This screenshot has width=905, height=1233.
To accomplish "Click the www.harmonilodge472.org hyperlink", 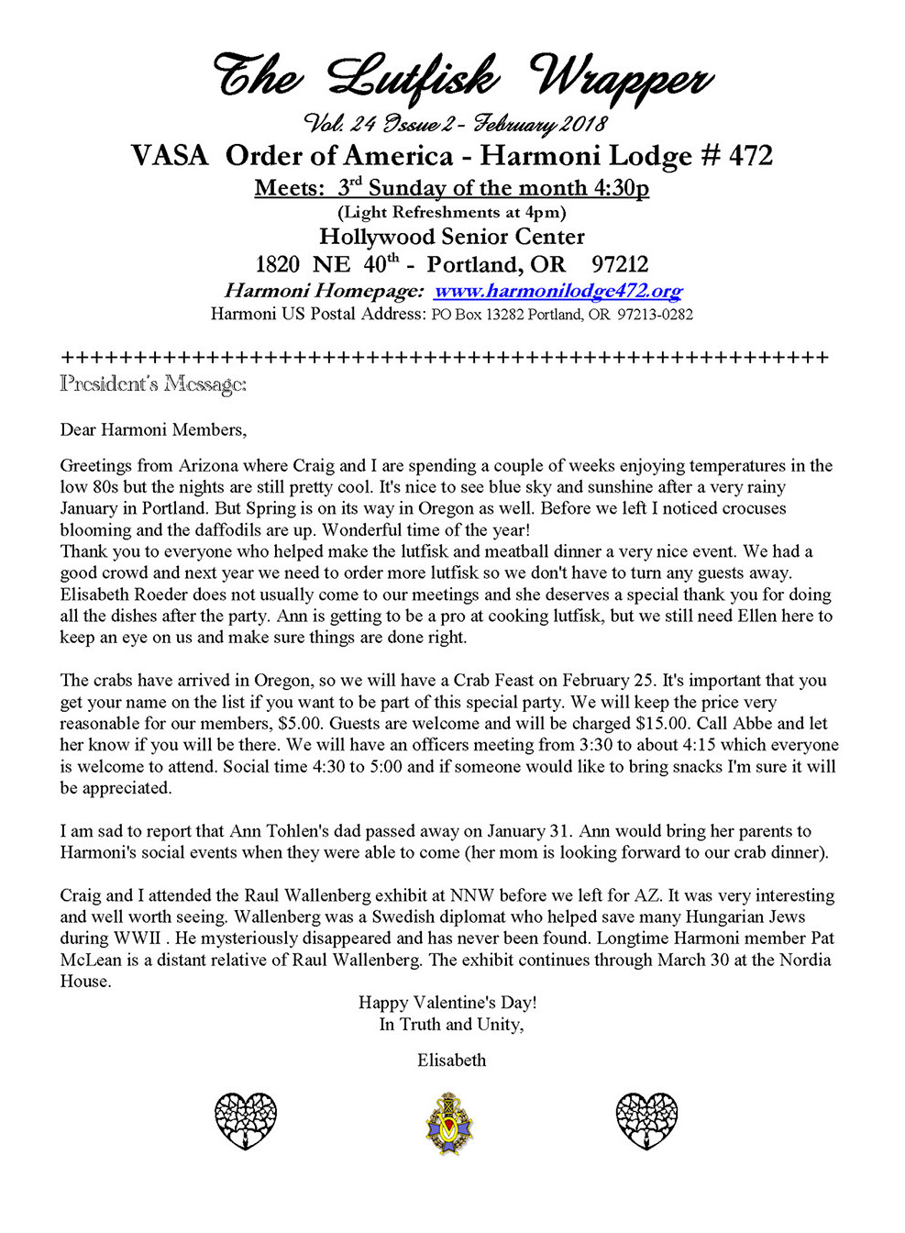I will coord(557,291).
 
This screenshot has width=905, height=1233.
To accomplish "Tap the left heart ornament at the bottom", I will coord(246,1120).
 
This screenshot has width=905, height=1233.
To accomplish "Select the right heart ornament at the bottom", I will coord(646,1120).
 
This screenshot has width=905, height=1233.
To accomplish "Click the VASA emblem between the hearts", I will coord(449,1123).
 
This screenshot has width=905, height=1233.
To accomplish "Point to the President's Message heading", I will coord(153,383).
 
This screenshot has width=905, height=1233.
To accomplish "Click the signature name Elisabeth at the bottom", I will coord(451,1060).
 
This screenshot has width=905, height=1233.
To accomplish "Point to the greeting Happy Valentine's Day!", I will coord(447,1002).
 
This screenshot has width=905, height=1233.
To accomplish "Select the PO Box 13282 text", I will coord(477,315).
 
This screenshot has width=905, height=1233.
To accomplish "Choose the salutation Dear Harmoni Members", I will coord(153,429).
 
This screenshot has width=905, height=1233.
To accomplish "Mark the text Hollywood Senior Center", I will coord(451,237).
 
